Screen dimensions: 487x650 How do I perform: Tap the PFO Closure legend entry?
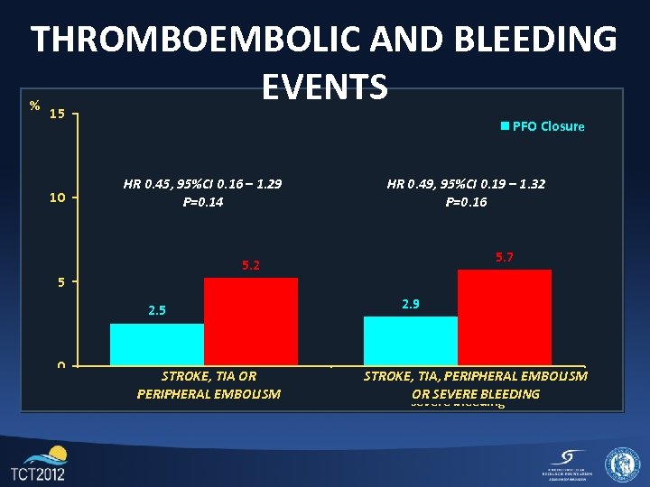[x=543, y=126]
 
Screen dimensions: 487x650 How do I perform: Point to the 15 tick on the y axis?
[x=57, y=115]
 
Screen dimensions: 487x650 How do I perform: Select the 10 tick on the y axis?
[x=57, y=198]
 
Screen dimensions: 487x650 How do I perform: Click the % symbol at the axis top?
[x=33, y=106]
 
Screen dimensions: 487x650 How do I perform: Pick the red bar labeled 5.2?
[x=251, y=321]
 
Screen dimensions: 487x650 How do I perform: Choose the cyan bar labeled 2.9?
[x=411, y=341]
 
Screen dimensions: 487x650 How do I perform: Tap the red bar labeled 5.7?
[x=505, y=317]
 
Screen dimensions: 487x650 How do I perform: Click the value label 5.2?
[x=251, y=265]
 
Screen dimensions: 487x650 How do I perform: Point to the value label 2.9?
[x=411, y=304]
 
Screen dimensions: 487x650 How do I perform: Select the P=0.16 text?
[x=466, y=202]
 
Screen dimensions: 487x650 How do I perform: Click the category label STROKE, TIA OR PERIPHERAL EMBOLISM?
[x=209, y=385]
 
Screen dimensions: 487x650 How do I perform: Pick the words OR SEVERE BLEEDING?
[x=475, y=394]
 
